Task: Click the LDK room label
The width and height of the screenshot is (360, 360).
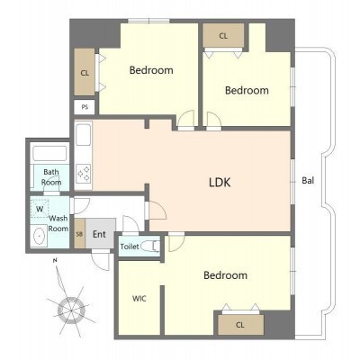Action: click(x=220, y=182)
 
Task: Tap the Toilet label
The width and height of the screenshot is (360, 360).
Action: click(x=130, y=247)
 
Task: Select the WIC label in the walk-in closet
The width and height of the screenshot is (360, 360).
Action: click(x=139, y=299)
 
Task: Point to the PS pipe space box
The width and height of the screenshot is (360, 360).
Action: click(x=85, y=107)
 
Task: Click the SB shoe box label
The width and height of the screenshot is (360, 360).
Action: click(x=79, y=234)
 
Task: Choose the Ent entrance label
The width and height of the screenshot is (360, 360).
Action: click(x=99, y=234)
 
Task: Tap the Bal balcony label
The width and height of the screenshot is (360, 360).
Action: click(x=308, y=181)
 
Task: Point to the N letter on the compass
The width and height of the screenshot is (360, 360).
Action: click(x=55, y=260)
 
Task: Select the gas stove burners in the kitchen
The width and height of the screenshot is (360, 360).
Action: click(x=84, y=174)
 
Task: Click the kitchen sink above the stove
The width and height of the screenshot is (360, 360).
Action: click(x=83, y=135)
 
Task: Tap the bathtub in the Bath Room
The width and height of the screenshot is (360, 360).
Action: click(x=49, y=154)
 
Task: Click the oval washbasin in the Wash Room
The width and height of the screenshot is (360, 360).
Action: click(x=39, y=236)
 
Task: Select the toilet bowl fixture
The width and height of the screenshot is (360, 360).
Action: click(x=150, y=246)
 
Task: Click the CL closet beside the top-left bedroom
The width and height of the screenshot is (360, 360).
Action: click(x=85, y=73)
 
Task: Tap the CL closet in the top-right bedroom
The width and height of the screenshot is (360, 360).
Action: click(x=223, y=36)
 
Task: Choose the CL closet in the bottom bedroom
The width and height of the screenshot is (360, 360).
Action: click(x=240, y=325)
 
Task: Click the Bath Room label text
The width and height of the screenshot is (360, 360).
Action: click(x=51, y=177)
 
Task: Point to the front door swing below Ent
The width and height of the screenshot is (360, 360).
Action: click(x=102, y=261)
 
